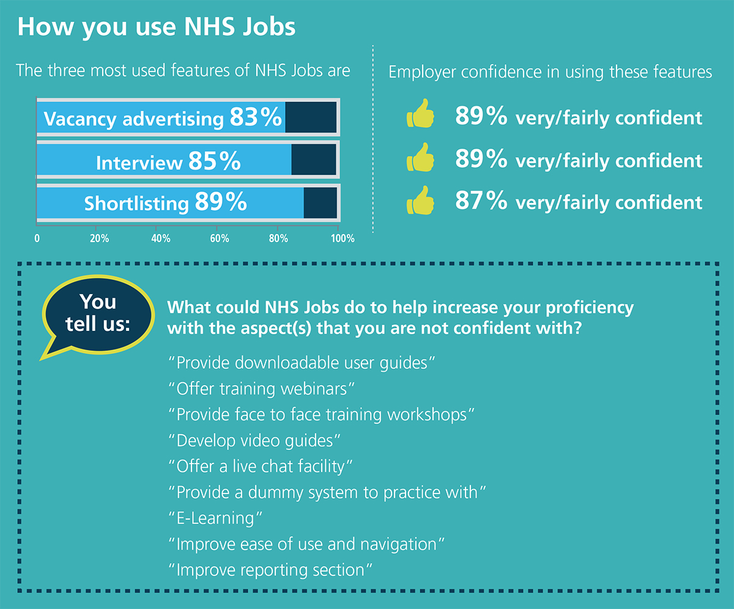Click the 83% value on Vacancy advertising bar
coord(256,118)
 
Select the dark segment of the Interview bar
coord(314,160)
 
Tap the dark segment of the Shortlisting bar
coord(320,202)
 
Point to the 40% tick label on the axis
coord(160,238)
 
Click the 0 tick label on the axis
coord(37,238)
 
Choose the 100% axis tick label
coord(342,238)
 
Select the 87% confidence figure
coord(481,201)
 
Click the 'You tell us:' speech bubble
coord(98,314)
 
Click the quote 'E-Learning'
coord(215,518)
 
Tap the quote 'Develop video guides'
coord(254,440)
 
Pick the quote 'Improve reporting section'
coord(270,570)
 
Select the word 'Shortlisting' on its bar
coord(137,203)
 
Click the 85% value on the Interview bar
coord(214,161)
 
